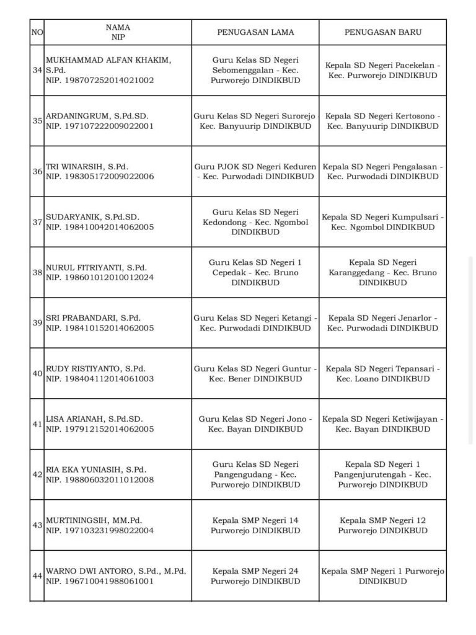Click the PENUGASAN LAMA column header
click(255, 32)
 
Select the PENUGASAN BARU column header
click(382, 32)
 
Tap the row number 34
click(37, 70)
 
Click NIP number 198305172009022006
click(100, 176)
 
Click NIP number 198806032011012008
click(100, 479)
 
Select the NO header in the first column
click(37, 32)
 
